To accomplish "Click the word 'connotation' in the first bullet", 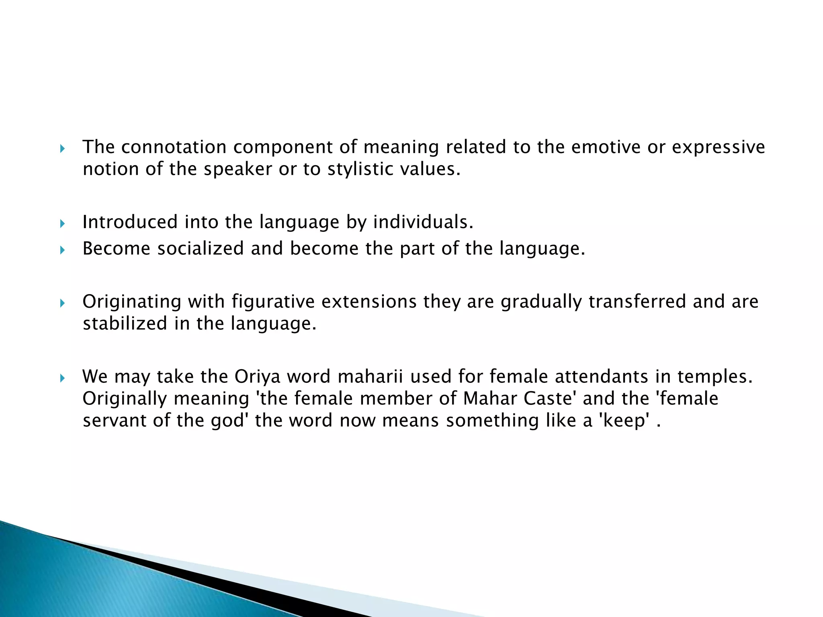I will tap(174, 147).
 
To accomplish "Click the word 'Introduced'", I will tap(130, 222).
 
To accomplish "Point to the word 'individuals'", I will tap(423, 222).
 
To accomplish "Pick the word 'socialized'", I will tap(200, 249).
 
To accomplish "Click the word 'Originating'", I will tap(132, 302).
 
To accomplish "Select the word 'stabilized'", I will tap(125, 323).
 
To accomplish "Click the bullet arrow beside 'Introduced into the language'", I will tap(62, 223).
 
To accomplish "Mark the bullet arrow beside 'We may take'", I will tap(62, 378).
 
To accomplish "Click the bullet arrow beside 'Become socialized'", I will tap(62, 250).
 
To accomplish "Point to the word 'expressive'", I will tap(718, 147).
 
